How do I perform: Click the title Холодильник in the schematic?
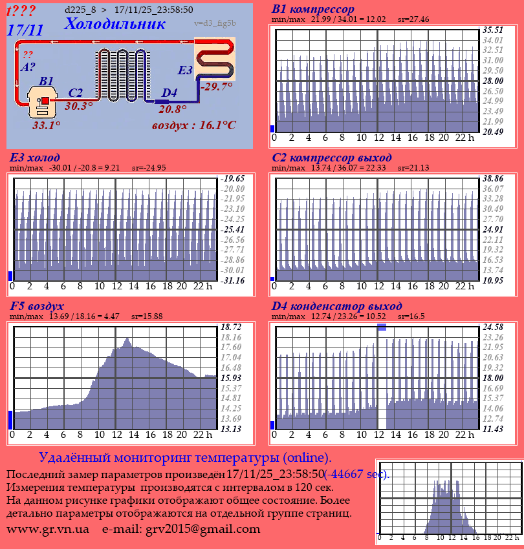tap(115, 24)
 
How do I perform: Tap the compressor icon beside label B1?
tap(43, 103)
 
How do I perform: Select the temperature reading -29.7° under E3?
tap(217, 87)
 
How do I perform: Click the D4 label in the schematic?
tap(169, 93)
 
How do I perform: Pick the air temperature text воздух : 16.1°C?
tap(194, 125)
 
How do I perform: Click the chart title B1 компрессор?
tap(313, 10)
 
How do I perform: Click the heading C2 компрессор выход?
tap(331, 158)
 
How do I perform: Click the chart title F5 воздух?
tap(37, 306)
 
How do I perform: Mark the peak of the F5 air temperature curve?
tap(127, 338)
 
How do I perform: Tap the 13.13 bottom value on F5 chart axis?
tap(231, 429)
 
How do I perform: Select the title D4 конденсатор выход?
tap(336, 306)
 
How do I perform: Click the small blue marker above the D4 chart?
tap(382, 327)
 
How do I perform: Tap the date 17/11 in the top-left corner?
tap(25, 30)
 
